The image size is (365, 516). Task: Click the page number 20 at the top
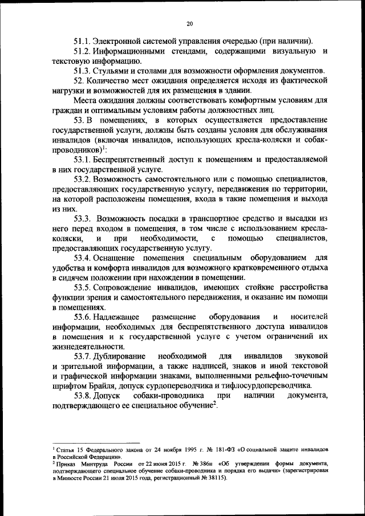coord(190,23)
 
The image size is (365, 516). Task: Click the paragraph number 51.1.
coord(83,42)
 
